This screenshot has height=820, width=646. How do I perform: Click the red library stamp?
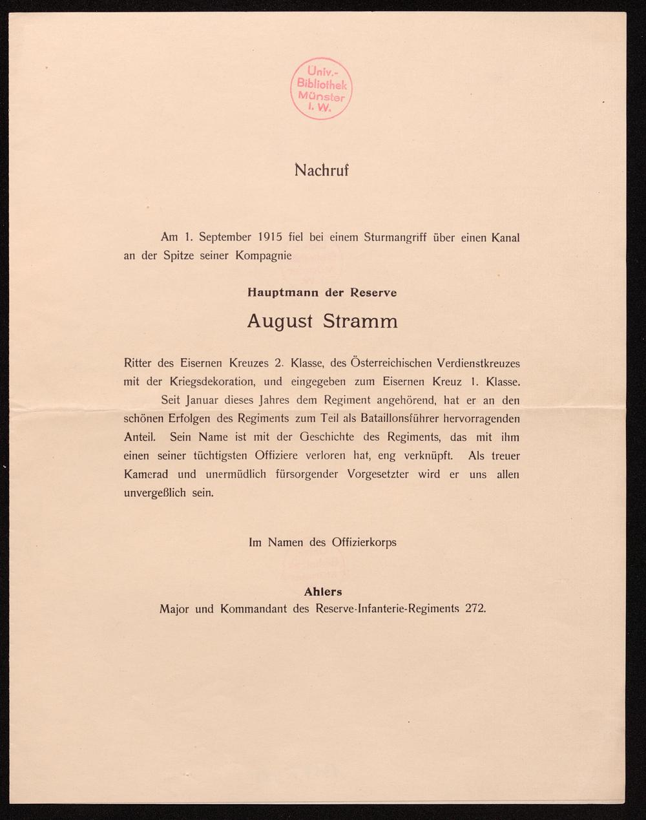click(322, 89)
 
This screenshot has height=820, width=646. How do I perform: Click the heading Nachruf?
click(322, 171)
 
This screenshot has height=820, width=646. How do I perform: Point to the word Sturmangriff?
click(394, 237)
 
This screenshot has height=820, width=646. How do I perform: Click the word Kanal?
click(505, 237)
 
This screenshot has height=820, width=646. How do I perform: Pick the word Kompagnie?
click(264, 255)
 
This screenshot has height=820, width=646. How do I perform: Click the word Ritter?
click(138, 363)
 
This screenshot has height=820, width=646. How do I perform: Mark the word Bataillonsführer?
click(387, 419)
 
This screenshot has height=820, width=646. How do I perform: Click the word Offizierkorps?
click(364, 542)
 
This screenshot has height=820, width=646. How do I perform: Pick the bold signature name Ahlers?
click(322, 591)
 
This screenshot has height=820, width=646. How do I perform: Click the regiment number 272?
click(474, 609)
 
